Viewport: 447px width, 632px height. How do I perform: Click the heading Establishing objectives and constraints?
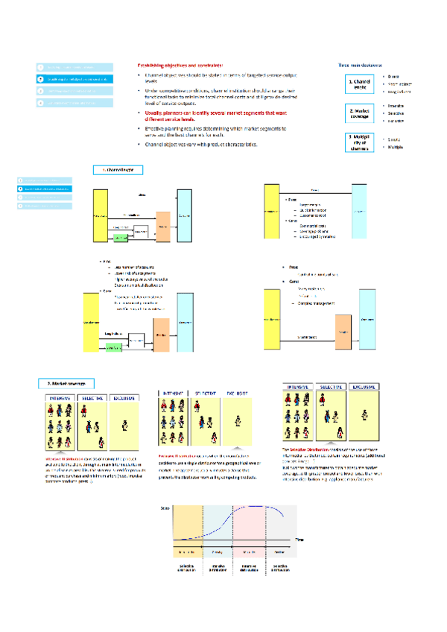(x=180, y=66)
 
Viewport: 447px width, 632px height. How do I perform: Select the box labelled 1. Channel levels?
(x=359, y=84)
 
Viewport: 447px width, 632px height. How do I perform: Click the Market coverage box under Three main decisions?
(x=359, y=113)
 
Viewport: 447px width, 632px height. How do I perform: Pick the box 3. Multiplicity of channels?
(x=359, y=142)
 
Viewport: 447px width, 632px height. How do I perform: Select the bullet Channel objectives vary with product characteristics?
(x=201, y=144)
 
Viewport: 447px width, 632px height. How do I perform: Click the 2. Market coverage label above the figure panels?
(x=66, y=384)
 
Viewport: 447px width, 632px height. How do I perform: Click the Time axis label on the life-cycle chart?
(x=299, y=538)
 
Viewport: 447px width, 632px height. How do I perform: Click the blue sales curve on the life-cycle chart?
(x=223, y=522)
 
